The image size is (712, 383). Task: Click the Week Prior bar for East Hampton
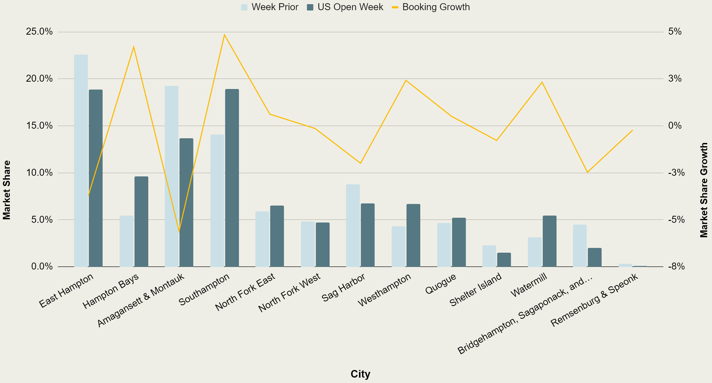click(x=81, y=161)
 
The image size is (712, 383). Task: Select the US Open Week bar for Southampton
click(x=232, y=178)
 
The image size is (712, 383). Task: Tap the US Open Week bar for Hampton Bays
click(x=141, y=222)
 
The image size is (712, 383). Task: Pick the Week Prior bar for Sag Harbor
click(x=353, y=225)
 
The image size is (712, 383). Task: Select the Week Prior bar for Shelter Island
click(x=489, y=256)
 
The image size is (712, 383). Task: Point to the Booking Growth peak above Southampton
click(x=225, y=35)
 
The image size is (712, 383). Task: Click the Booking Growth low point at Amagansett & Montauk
click(x=179, y=232)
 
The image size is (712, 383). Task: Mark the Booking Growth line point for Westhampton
click(x=406, y=80)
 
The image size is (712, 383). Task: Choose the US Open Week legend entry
click(x=345, y=7)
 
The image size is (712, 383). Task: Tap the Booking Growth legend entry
click(x=431, y=7)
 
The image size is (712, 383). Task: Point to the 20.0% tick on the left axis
click(x=39, y=79)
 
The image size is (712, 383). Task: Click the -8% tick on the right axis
click(x=676, y=266)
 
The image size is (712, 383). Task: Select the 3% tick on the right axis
click(x=675, y=79)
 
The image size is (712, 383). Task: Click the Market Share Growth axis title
click(x=704, y=190)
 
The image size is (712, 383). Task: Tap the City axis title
click(x=360, y=374)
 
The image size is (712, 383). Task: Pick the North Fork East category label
click(x=245, y=292)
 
